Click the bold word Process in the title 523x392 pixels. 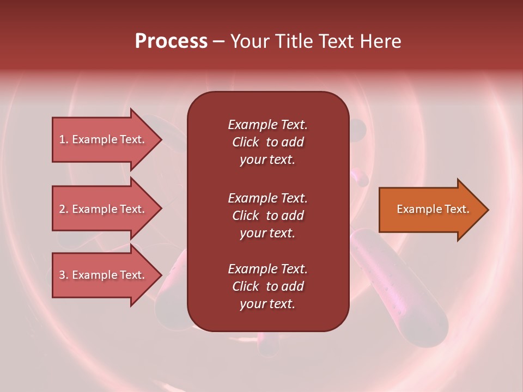click(x=171, y=41)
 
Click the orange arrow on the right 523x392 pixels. click(x=430, y=210)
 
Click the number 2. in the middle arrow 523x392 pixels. click(x=64, y=209)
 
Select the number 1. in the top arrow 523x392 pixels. click(x=64, y=139)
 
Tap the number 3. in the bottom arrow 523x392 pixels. click(x=64, y=275)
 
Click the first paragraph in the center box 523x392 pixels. click(x=267, y=142)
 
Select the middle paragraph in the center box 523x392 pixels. click(x=267, y=216)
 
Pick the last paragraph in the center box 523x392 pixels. click(x=267, y=286)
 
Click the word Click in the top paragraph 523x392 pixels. click(x=245, y=142)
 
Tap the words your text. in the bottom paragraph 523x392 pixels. click(x=267, y=304)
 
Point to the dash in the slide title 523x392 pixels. click(x=218, y=41)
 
